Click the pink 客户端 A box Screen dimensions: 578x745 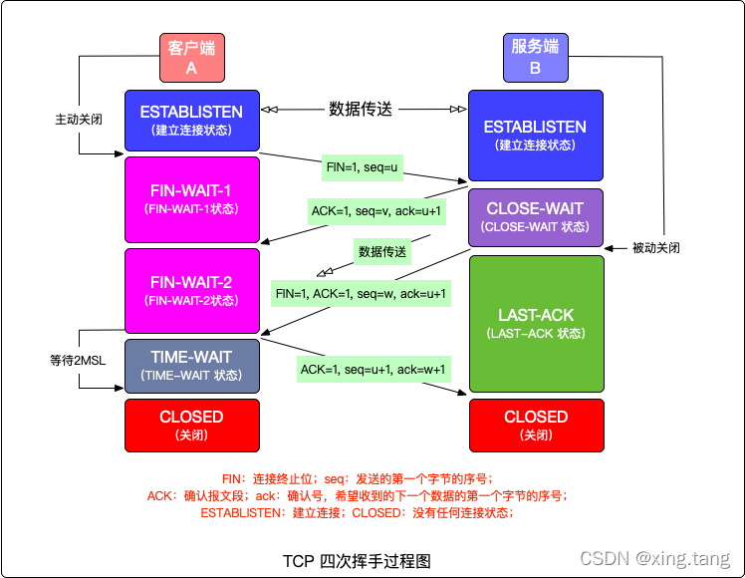point(192,58)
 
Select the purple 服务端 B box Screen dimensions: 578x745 point(535,58)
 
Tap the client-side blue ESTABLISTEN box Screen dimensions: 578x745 point(192,120)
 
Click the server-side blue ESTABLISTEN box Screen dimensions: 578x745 point(535,136)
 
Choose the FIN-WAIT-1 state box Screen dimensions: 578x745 point(192,199)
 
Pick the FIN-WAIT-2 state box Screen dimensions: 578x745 point(192,291)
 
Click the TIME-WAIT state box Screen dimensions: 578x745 point(192,366)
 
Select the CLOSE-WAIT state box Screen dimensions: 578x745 point(535,217)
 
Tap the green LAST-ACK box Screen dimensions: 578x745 point(536,323)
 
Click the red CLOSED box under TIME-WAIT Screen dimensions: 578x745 point(192,425)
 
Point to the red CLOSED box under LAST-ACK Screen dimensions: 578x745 point(536,425)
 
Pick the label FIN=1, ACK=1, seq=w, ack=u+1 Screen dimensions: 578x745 point(362,294)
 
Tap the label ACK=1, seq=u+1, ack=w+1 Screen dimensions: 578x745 point(373,370)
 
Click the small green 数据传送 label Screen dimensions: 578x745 point(382,251)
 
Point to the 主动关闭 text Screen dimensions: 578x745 point(78,119)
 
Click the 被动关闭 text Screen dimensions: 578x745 point(655,247)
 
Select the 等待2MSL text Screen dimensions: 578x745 point(78,358)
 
